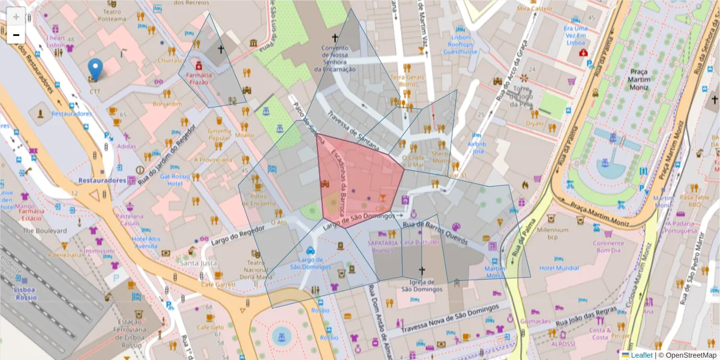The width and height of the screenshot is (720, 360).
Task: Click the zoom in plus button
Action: pyautogui.click(x=16, y=16)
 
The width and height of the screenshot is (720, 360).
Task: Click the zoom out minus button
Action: pyautogui.click(x=16, y=34)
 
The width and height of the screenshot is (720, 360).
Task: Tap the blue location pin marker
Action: pyautogui.click(x=95, y=68)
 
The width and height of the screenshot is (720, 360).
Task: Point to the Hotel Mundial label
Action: pyautogui.click(x=559, y=268)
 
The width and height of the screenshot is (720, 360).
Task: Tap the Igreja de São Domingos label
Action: pyautogui.click(x=422, y=285)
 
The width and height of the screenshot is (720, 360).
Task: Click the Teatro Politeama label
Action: pyautogui.click(x=112, y=15)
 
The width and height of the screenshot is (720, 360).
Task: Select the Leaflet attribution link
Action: pyautogui.click(x=641, y=355)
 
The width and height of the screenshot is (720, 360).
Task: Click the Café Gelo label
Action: pyautogui.click(x=209, y=327)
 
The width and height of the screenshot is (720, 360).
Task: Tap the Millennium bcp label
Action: pyautogui.click(x=553, y=233)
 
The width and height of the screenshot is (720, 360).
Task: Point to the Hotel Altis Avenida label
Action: pyautogui.click(x=146, y=242)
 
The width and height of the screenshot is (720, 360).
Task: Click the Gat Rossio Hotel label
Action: pyautogui.click(x=175, y=180)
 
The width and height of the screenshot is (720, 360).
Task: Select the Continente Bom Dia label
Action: pyautogui.click(x=608, y=247)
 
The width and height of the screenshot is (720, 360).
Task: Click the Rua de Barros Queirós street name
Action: pyautogui.click(x=435, y=230)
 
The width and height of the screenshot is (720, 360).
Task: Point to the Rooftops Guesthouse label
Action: pyautogui.click(x=460, y=48)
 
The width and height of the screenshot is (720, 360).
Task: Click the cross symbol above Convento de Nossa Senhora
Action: pyautogui.click(x=335, y=37)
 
